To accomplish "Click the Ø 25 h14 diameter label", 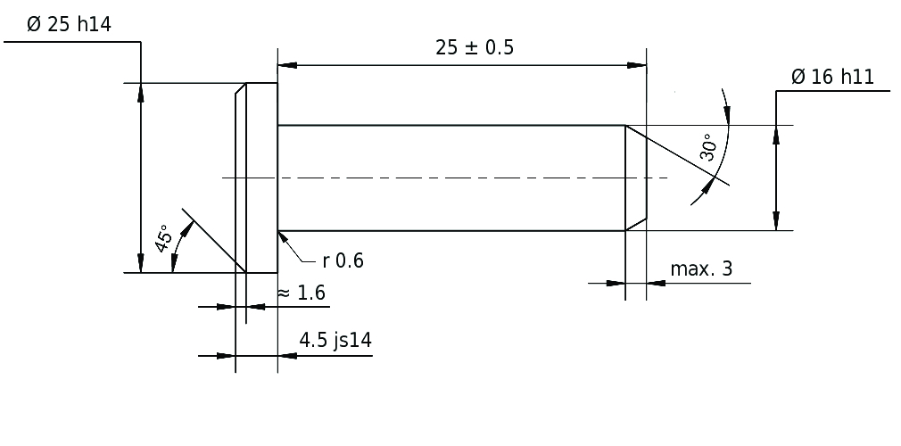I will click(x=69, y=25).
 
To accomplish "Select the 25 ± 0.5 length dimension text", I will click(x=475, y=48).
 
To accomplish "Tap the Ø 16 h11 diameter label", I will click(x=831, y=77).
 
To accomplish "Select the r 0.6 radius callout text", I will click(x=343, y=260).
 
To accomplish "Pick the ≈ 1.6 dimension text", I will click(x=301, y=293).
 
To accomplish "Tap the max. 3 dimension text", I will click(x=701, y=268).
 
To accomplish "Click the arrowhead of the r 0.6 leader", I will click(x=282, y=236).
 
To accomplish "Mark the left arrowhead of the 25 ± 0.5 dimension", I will click(x=287, y=65).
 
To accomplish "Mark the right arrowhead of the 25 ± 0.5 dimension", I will click(x=636, y=65).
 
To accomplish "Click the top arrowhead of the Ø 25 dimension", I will click(x=140, y=93).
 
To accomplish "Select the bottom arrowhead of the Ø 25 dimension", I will click(x=140, y=263).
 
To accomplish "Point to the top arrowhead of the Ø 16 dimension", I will click(x=776, y=134).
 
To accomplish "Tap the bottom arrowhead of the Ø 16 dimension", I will click(x=776, y=221).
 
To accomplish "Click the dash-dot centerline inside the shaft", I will click(x=446, y=178).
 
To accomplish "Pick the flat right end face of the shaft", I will click(x=646, y=178).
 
